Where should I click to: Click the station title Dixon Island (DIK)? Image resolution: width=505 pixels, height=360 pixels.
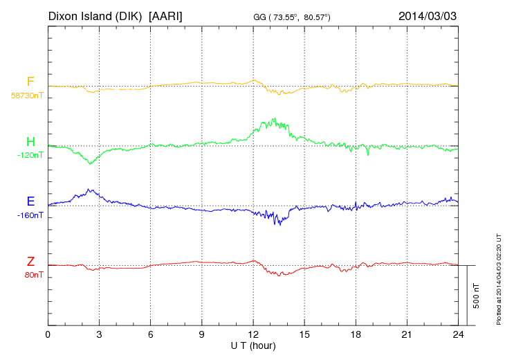pyautogui.click(x=95, y=15)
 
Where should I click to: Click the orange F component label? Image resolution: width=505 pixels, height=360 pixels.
pyautogui.click(x=30, y=82)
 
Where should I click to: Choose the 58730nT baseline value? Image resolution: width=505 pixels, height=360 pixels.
pyautogui.click(x=27, y=95)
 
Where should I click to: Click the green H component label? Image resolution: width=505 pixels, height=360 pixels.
pyautogui.click(x=30, y=142)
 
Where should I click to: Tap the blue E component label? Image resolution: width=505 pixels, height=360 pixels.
pyautogui.click(x=30, y=201)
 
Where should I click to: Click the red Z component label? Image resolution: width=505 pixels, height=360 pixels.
pyautogui.click(x=30, y=261)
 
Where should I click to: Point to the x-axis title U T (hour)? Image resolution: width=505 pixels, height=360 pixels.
pyautogui.click(x=253, y=345)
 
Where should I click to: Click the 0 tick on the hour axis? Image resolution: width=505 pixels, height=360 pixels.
pyautogui.click(x=48, y=335)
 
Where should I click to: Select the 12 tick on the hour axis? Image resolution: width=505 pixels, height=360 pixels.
pyautogui.click(x=253, y=335)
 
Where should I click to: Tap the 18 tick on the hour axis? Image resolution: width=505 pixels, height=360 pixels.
pyautogui.click(x=356, y=335)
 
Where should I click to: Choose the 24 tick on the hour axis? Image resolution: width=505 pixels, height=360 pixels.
pyautogui.click(x=458, y=335)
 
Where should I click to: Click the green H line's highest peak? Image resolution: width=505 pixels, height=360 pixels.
pyautogui.click(x=275, y=118)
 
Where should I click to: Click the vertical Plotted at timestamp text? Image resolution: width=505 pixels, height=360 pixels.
pyautogui.click(x=498, y=277)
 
